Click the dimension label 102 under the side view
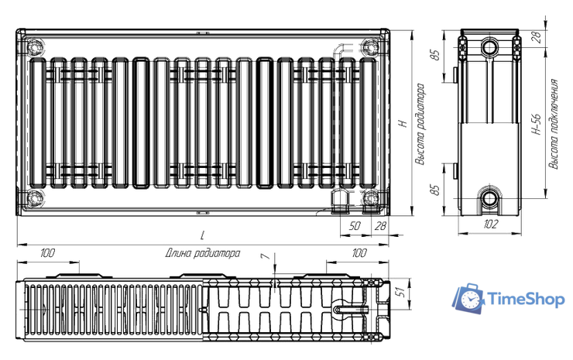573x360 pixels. tap(489, 225)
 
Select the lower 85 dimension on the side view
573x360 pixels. tap(435, 189)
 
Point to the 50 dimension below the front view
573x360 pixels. tap(355, 225)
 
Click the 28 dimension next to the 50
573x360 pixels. tap(380, 225)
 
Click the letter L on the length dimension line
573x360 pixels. tap(201, 234)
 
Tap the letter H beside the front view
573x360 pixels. tap(401, 123)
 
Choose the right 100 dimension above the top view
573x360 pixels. tap(359, 253)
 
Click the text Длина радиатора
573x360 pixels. tap(202, 253)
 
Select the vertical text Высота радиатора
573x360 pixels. tap(420, 124)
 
